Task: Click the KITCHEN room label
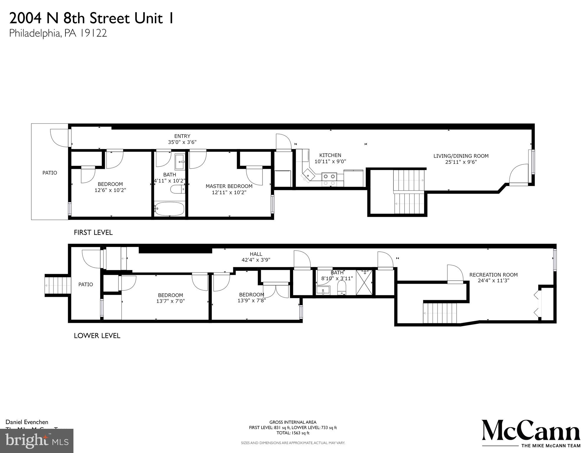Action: click(330, 155)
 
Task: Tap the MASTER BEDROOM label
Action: click(229, 186)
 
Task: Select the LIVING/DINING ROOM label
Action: click(461, 156)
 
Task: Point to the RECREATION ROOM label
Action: click(493, 275)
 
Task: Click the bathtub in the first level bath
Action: click(170, 209)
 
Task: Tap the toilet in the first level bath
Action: click(178, 189)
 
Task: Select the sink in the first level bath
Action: click(180, 162)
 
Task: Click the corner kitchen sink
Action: click(308, 176)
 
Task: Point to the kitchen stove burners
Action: click(329, 176)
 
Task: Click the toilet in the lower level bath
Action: click(342, 287)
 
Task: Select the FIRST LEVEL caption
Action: click(93, 233)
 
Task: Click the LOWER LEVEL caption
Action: click(97, 336)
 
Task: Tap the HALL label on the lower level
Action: click(256, 254)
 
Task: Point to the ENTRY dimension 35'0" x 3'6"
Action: click(182, 142)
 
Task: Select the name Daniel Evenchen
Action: click(27, 422)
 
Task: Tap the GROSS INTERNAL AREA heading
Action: click(293, 422)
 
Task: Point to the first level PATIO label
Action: click(50, 173)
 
